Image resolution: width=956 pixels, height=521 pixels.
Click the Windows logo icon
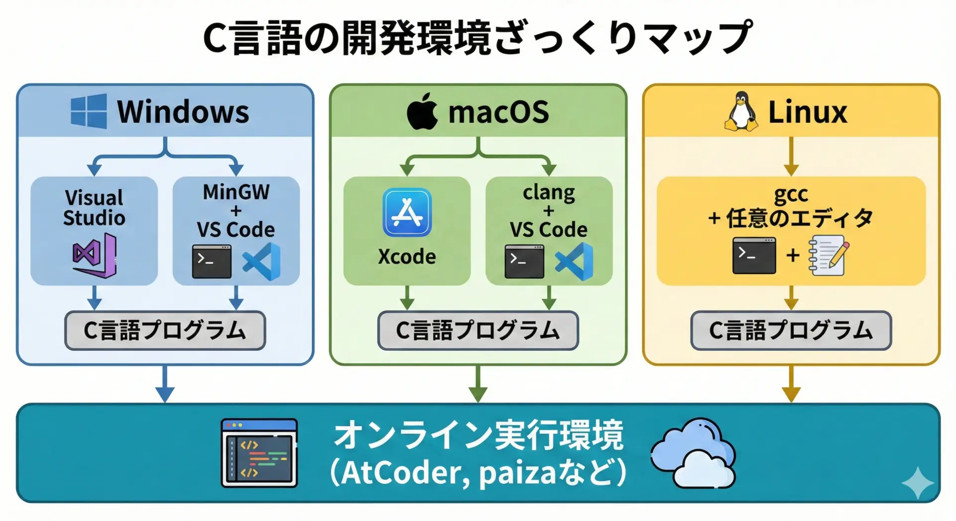coord(89,111)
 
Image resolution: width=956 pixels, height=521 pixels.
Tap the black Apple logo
coord(422,111)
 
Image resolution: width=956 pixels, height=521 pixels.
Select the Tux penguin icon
coord(741,111)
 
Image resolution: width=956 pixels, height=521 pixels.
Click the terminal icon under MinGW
coord(212,261)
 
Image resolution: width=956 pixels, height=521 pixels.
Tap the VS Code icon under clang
coord(574,261)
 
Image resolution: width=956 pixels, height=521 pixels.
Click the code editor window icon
coord(259,453)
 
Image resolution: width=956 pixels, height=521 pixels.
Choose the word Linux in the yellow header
coord(807,112)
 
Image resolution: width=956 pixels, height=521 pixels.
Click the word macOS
coord(498,112)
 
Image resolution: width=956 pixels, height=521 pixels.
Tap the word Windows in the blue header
coord(183,111)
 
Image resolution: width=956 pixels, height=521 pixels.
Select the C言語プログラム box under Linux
coord(791,330)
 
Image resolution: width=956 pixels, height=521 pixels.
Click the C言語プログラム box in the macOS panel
coord(478,330)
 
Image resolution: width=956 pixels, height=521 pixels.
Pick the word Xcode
coord(407,257)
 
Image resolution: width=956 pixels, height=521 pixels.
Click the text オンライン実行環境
coord(478,435)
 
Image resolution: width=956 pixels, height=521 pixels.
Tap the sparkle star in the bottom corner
coord(917,483)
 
